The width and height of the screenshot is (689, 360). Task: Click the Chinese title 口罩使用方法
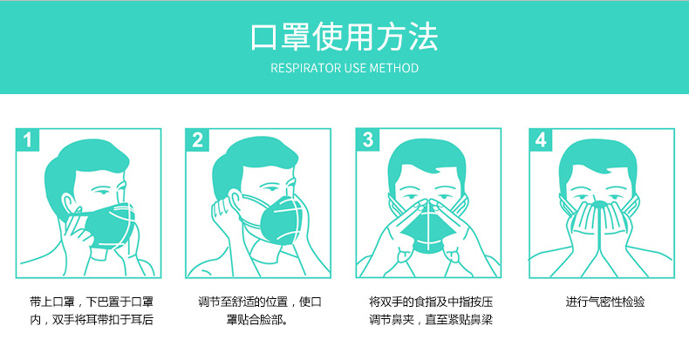344,37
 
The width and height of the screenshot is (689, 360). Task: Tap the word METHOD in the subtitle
393,68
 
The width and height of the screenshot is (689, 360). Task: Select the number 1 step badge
27,140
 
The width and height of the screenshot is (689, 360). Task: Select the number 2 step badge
197,140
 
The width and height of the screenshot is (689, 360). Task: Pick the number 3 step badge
367,140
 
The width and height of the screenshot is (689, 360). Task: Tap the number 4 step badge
541,140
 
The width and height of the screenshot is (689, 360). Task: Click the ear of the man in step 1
68,204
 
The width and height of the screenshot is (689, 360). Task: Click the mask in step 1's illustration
110,224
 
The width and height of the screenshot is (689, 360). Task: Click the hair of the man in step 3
426,158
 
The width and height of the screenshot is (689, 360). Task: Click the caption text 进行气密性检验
604,302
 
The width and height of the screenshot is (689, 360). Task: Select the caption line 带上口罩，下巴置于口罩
92,302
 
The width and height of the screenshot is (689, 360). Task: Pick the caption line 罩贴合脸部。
257,320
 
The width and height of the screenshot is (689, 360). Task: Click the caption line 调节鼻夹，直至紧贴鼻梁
431,320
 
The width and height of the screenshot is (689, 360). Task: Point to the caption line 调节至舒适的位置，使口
260,302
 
